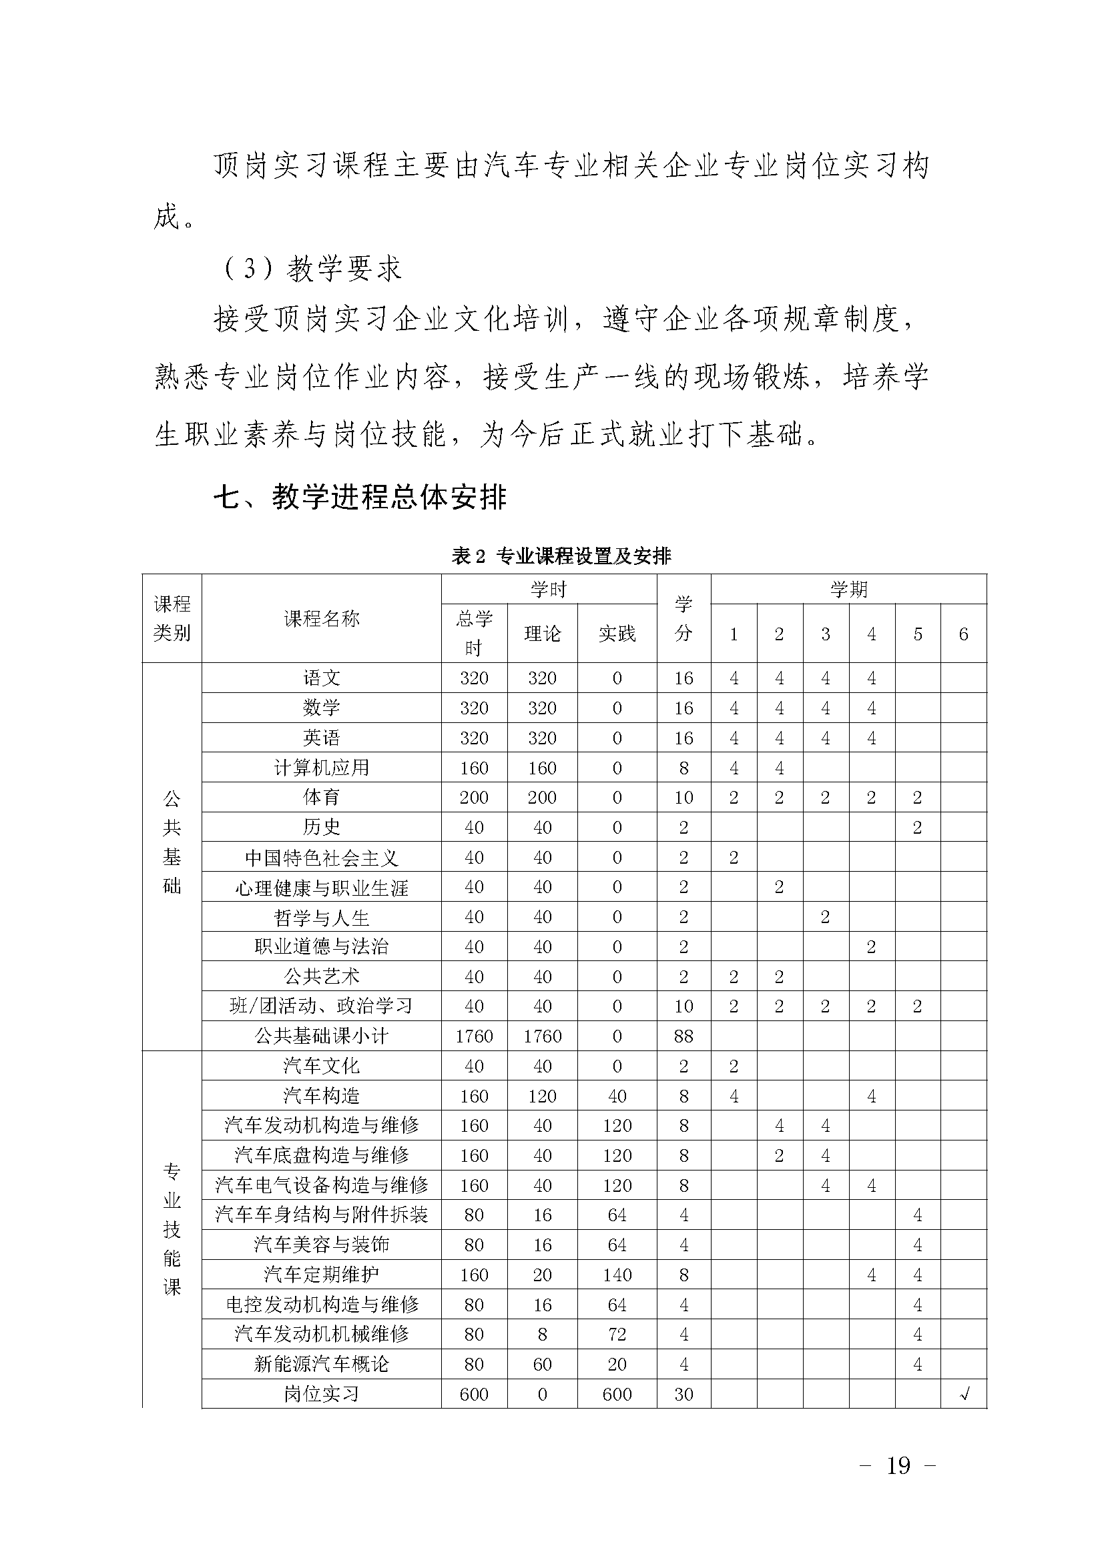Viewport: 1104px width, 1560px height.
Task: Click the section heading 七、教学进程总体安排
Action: tap(360, 498)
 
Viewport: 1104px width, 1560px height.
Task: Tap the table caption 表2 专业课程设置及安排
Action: tap(561, 556)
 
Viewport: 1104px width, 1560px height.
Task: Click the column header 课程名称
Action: tap(321, 618)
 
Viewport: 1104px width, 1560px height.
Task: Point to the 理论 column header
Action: tap(542, 633)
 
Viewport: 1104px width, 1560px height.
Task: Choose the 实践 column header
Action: tap(617, 633)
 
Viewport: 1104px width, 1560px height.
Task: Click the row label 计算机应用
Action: tap(321, 767)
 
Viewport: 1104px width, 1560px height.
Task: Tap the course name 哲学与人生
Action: tap(321, 917)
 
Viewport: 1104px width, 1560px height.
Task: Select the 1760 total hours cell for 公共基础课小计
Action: tap(474, 1036)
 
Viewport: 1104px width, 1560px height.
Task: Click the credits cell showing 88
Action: tap(683, 1036)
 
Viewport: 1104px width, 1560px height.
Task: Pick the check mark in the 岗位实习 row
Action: tap(963, 1394)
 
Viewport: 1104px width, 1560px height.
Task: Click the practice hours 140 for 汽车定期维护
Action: tap(617, 1275)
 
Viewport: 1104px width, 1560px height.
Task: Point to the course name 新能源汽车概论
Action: tap(321, 1365)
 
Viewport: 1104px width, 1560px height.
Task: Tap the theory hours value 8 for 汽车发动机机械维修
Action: tap(542, 1335)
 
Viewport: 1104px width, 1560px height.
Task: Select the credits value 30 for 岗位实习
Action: tap(683, 1394)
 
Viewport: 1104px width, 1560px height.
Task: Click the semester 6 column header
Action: tap(963, 634)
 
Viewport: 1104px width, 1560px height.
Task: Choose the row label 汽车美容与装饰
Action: tap(321, 1245)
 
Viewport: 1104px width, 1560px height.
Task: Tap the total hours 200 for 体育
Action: tap(474, 797)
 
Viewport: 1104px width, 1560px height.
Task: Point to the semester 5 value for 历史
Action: tap(917, 827)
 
